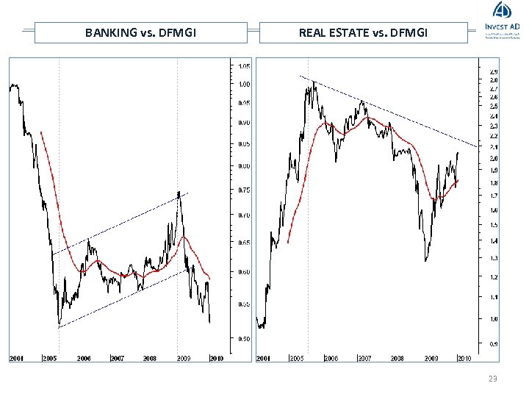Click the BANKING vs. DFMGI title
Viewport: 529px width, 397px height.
(140, 32)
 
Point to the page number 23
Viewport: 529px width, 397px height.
(492, 378)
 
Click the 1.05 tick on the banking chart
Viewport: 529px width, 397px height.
(243, 66)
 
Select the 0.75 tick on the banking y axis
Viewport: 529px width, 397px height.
(243, 190)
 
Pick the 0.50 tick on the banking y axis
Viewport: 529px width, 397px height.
(243, 339)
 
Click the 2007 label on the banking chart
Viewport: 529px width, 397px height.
(116, 359)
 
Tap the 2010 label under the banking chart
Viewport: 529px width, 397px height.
(216, 359)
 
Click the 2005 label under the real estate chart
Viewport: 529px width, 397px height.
(297, 359)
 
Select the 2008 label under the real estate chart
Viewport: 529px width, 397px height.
(397, 359)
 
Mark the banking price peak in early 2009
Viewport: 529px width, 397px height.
(179, 193)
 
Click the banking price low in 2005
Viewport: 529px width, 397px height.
(60, 324)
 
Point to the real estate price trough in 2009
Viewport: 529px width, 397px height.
(425, 260)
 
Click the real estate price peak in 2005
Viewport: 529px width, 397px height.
(314, 82)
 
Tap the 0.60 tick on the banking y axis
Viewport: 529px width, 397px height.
(243, 272)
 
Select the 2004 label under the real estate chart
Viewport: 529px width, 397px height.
(263, 359)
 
